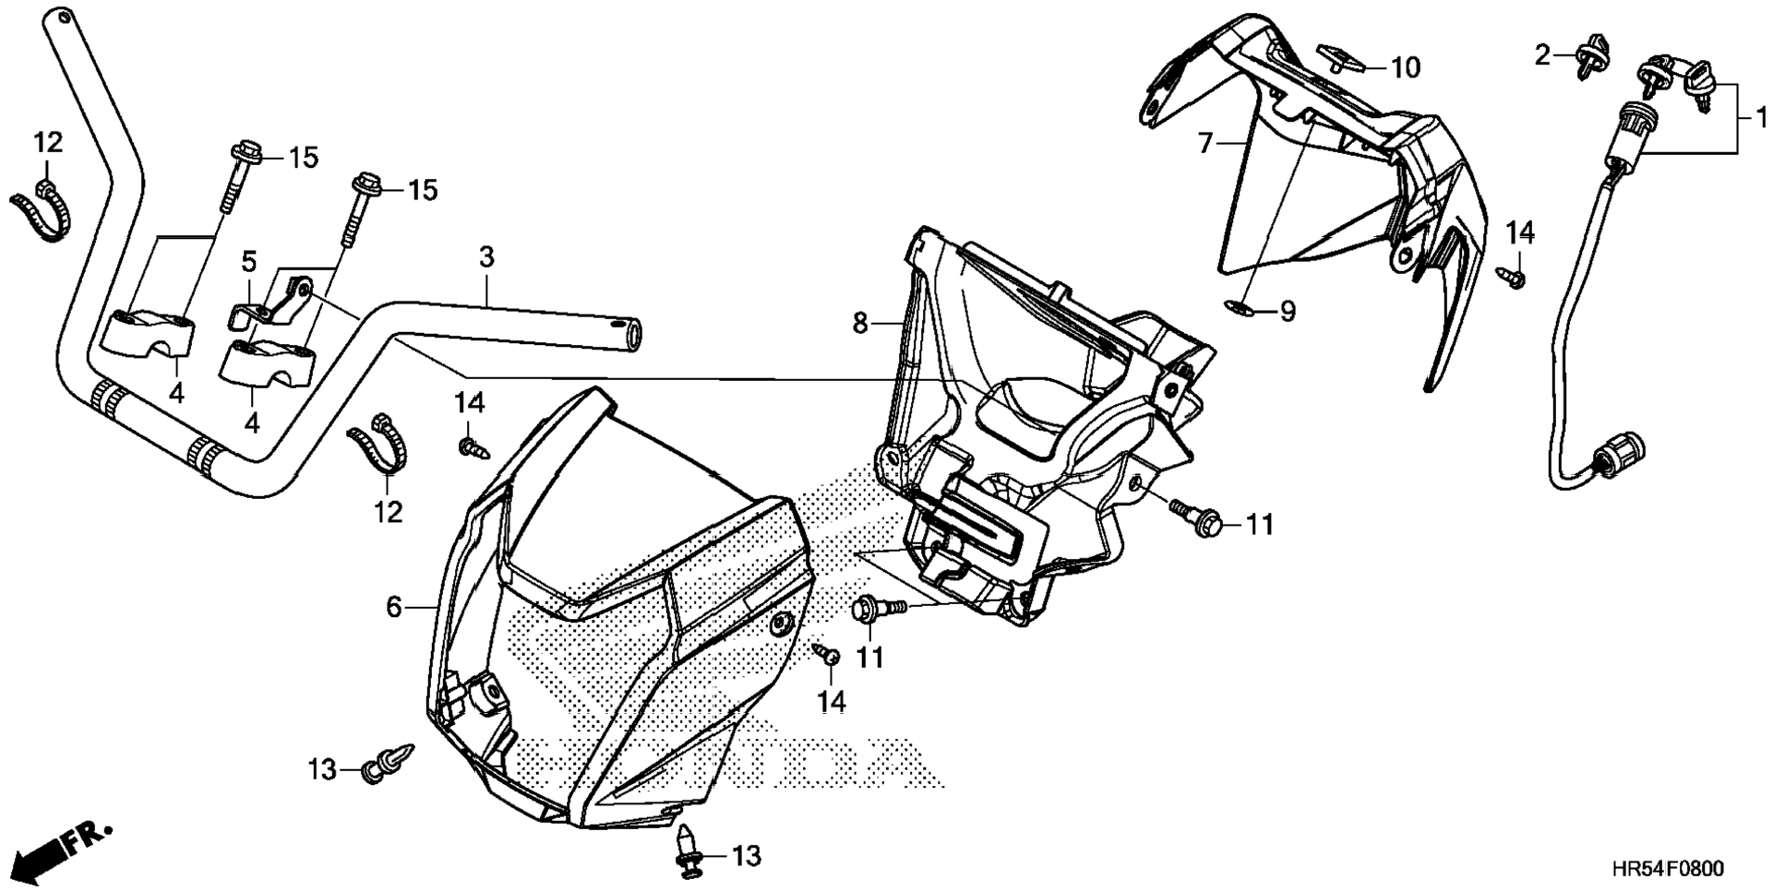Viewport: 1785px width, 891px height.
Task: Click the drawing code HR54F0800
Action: (x=1667, y=869)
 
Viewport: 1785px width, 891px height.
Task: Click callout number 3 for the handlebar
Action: (x=486, y=257)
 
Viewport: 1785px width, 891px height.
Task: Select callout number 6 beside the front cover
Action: (x=394, y=607)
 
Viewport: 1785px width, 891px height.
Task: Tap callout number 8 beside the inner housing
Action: (x=860, y=324)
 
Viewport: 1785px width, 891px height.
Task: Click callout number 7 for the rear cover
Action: (x=1204, y=144)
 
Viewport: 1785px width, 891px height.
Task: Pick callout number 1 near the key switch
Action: (x=1761, y=118)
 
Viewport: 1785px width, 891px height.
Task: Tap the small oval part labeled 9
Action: (x=1240, y=307)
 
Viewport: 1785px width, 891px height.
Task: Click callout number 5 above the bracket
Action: (x=249, y=262)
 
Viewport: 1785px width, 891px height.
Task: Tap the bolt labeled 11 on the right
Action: (x=1197, y=518)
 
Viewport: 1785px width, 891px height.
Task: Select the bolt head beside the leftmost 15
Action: (x=247, y=151)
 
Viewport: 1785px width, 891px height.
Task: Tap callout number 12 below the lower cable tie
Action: (x=389, y=512)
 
